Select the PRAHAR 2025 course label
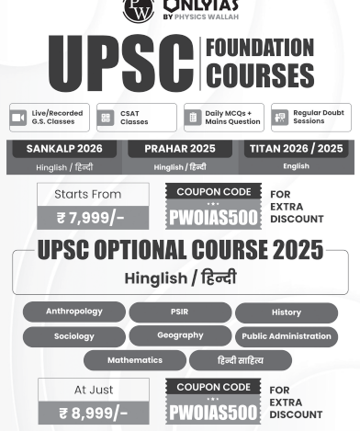(x=179, y=148)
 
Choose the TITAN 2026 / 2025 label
(x=296, y=148)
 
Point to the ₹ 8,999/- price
(x=93, y=413)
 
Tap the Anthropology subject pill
(x=74, y=312)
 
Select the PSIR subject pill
(x=179, y=312)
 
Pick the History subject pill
(x=286, y=313)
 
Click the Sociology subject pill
(x=74, y=336)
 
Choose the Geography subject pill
(x=179, y=335)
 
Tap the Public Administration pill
(x=286, y=336)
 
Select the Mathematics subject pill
(x=134, y=360)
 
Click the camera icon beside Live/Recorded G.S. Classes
(x=18, y=118)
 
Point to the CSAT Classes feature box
(x=136, y=118)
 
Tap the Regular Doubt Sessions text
(x=319, y=118)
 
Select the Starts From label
(x=93, y=194)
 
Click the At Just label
(x=93, y=389)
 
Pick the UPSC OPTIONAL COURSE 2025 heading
(x=180, y=250)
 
